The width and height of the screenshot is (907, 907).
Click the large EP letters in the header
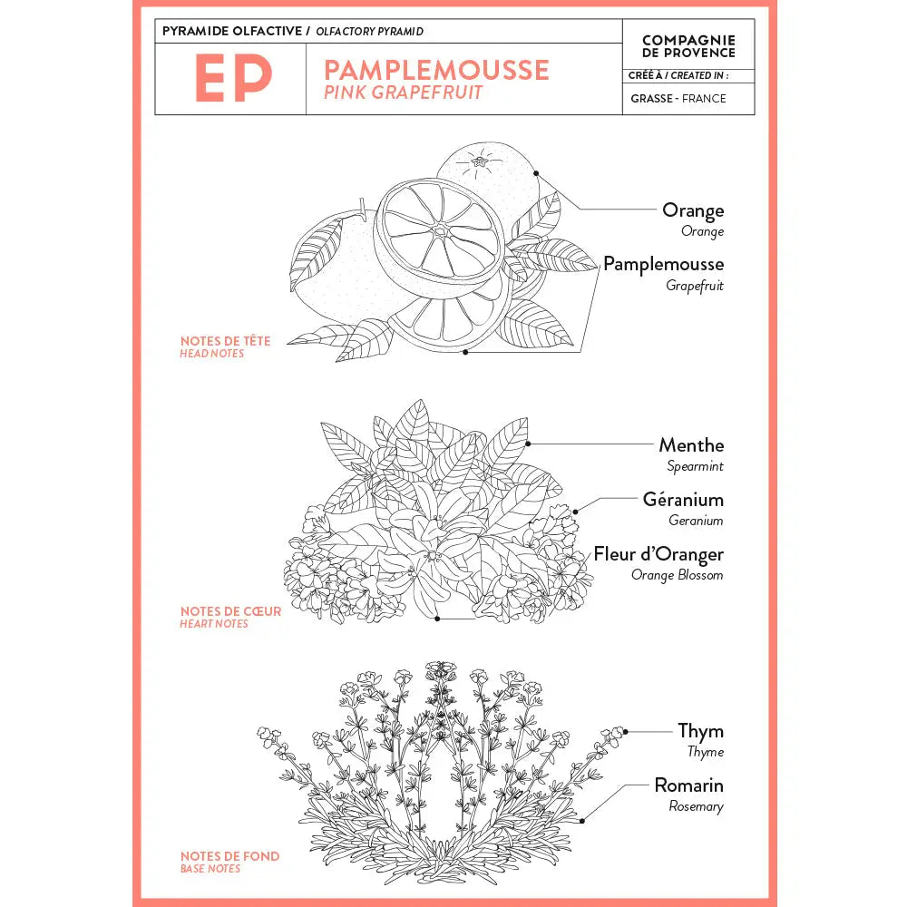[x=232, y=79]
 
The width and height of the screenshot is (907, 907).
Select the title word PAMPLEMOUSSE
[x=436, y=70]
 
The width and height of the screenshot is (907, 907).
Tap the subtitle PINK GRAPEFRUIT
[x=403, y=93]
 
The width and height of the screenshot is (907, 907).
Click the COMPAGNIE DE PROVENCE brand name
[x=688, y=46]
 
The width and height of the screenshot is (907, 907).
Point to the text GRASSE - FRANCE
[x=678, y=98]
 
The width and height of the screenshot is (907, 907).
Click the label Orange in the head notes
[x=693, y=210]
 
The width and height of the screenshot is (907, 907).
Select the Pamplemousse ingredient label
[x=663, y=264]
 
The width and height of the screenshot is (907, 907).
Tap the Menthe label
[x=691, y=445]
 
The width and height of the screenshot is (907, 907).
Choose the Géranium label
[x=683, y=500]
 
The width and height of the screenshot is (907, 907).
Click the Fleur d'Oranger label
[x=658, y=554]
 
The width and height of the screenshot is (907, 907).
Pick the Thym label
[x=700, y=731]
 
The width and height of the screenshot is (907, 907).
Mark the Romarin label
[x=688, y=785]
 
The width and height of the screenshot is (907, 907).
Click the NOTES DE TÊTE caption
[x=225, y=341]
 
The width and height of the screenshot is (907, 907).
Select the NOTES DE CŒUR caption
[x=230, y=611]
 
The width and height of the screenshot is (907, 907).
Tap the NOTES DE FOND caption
[x=229, y=856]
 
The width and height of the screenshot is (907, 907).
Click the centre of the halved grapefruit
[x=440, y=231]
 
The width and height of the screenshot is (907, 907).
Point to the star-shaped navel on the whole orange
[x=478, y=164]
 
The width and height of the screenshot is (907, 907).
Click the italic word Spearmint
[x=695, y=466]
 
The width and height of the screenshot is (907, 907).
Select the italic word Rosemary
[x=696, y=806]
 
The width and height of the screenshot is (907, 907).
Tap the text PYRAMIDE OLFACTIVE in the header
[x=233, y=32]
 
